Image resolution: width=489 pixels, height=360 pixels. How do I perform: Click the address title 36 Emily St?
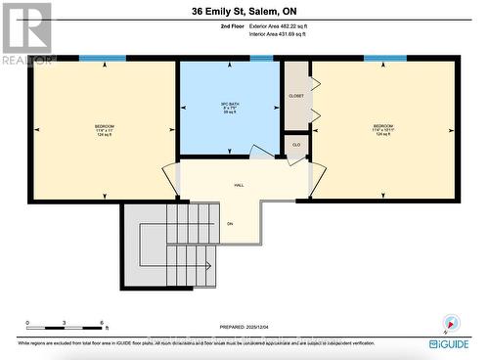(244, 12)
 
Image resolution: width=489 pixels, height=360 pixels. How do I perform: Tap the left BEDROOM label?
(105, 127)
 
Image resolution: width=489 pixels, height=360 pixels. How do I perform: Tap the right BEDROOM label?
(383, 127)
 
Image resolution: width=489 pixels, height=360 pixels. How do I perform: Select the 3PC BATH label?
(231, 106)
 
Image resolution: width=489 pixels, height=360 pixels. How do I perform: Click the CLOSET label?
(296, 98)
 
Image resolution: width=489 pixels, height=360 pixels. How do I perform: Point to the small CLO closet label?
(296, 145)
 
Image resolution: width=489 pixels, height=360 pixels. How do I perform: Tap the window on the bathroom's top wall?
(261, 59)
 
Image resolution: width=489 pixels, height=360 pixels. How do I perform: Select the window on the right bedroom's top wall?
(378, 59)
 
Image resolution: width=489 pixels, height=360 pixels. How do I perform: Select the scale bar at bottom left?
(67, 327)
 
